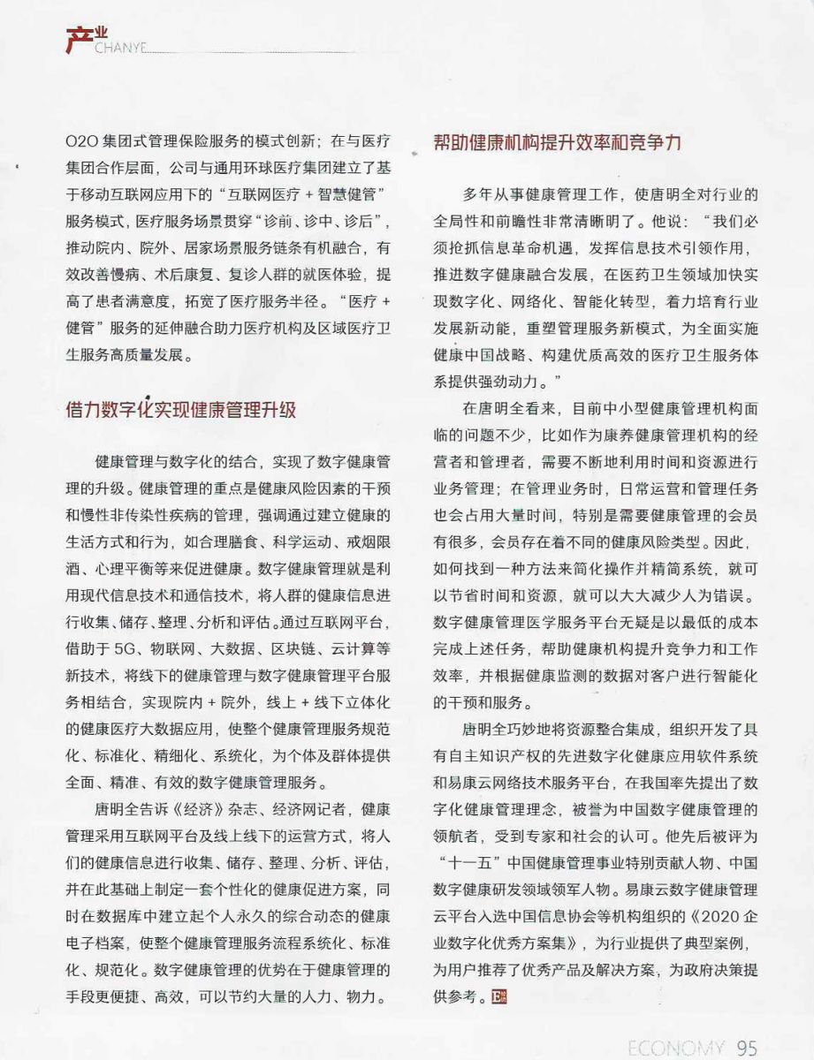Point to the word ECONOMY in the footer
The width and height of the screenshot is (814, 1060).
click(x=674, y=1048)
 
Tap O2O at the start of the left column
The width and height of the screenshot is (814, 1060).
click(x=82, y=141)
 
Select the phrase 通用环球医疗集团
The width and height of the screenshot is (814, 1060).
click(x=300, y=167)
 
